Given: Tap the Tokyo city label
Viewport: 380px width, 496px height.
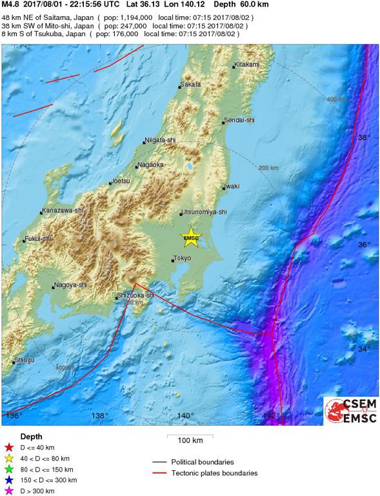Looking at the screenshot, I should tap(182, 260).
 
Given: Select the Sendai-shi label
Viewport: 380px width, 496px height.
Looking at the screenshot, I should tap(240, 121).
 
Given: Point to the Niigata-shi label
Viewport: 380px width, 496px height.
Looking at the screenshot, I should tap(161, 140).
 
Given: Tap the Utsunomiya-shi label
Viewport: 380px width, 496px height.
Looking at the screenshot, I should tap(205, 212).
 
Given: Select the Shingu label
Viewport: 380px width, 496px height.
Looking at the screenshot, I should tap(25, 360).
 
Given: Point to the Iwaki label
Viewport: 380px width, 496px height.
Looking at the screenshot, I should tap(232, 187).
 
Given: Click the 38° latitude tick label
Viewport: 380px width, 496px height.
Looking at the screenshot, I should tap(365, 138).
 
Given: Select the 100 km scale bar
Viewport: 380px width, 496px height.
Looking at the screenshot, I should tap(190, 439).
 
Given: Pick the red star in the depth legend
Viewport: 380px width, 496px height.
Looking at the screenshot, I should tap(9, 447).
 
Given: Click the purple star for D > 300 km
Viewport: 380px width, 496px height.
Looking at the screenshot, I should tap(9, 491).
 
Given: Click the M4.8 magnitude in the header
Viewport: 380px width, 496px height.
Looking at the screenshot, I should tap(12, 5).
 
